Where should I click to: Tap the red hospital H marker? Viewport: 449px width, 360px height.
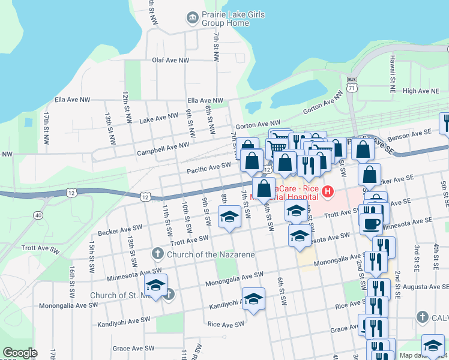pyautogui.click(x=328, y=192)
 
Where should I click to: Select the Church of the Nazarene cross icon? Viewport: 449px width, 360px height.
pyautogui.click(x=158, y=254)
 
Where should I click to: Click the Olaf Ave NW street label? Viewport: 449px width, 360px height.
pyautogui.click(x=170, y=61)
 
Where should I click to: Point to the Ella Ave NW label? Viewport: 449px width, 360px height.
pyautogui.click(x=205, y=100)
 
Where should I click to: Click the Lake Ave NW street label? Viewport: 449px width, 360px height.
pyautogui.click(x=158, y=118)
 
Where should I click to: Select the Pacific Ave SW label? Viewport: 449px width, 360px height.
pyautogui.click(x=208, y=167)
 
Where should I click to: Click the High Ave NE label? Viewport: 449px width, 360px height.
pyautogui.click(x=421, y=91)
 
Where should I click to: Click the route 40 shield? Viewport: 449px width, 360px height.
pyautogui.click(x=38, y=215)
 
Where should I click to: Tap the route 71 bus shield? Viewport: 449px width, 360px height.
pyautogui.click(x=352, y=84)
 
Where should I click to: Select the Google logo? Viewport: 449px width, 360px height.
pyautogui.click(x=20, y=353)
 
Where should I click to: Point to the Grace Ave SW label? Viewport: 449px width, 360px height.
pyautogui.click(x=130, y=349)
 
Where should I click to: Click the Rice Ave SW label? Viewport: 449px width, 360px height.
pyautogui.click(x=225, y=325)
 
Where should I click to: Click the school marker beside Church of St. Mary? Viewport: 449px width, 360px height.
pyautogui.click(x=155, y=286)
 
